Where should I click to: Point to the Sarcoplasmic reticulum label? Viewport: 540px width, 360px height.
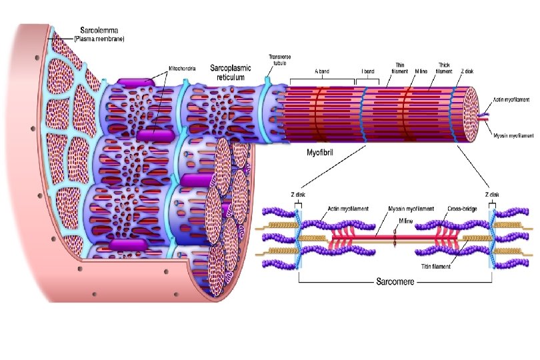point(232,72)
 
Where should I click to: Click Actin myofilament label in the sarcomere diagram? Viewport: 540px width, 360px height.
point(348,208)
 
